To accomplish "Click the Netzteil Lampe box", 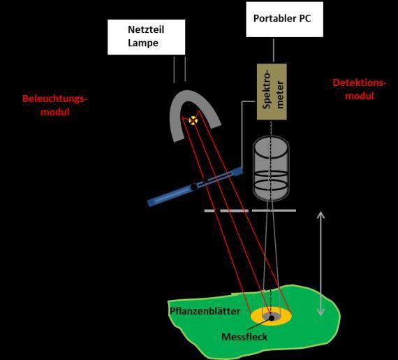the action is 147,37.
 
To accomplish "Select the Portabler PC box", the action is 285,20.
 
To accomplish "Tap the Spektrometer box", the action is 272,92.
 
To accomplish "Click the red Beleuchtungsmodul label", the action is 55,105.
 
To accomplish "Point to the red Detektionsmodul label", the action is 360,89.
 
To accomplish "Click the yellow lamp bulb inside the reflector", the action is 193,120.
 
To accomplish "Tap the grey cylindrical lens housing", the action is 271,168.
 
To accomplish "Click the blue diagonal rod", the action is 195,187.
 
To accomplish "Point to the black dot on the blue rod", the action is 194,187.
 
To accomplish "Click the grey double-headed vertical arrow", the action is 320,264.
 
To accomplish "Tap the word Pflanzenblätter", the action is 205,311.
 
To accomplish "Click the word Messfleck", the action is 244,337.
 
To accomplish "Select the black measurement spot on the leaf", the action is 272,317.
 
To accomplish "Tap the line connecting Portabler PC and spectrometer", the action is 274,50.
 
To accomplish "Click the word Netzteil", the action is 146,29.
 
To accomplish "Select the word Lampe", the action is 143,43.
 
